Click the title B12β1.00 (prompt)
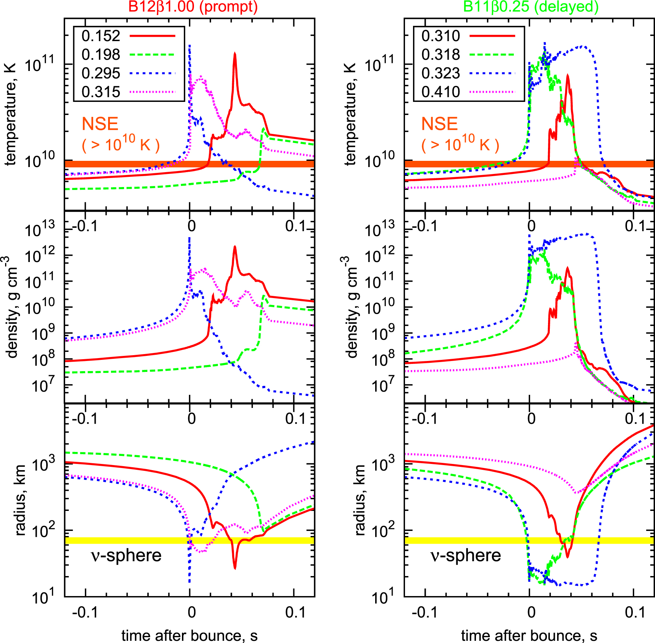click(x=193, y=7)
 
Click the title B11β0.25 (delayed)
click(x=531, y=7)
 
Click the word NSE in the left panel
click(x=100, y=124)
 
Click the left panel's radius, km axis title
click(x=21, y=500)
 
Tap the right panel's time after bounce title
click(x=529, y=635)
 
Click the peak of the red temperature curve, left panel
click(x=235, y=54)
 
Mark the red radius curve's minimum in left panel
click(x=235, y=568)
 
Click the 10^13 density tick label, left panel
click(x=40, y=229)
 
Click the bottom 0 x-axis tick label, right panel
click(x=532, y=612)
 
